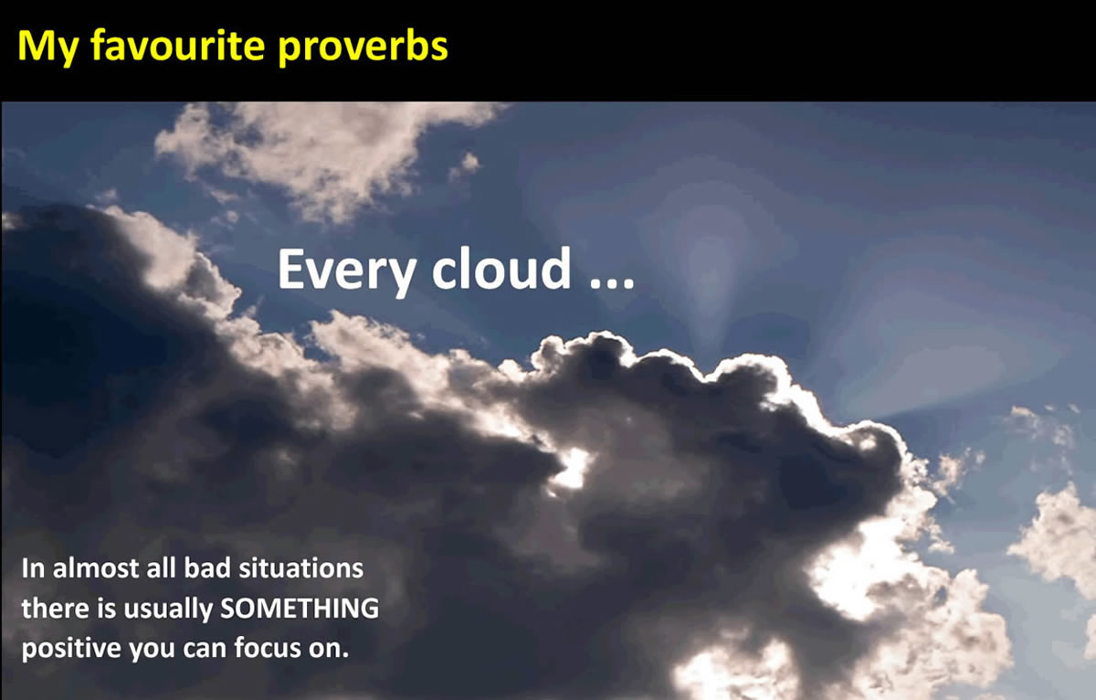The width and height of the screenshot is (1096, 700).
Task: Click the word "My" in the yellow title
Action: click(47, 47)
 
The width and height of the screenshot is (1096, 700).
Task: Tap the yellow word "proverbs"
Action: click(363, 47)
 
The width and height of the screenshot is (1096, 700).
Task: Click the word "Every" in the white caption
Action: click(347, 270)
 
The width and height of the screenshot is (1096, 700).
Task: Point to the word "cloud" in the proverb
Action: click(501, 268)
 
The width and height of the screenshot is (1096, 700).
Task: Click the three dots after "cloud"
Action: click(612, 283)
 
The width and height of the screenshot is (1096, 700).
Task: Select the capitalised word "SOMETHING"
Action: click(300, 609)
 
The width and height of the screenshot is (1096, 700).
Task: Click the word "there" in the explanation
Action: click(55, 609)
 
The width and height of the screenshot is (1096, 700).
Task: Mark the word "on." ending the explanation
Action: click(328, 651)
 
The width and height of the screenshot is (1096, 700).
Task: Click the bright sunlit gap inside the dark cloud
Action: click(574, 468)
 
